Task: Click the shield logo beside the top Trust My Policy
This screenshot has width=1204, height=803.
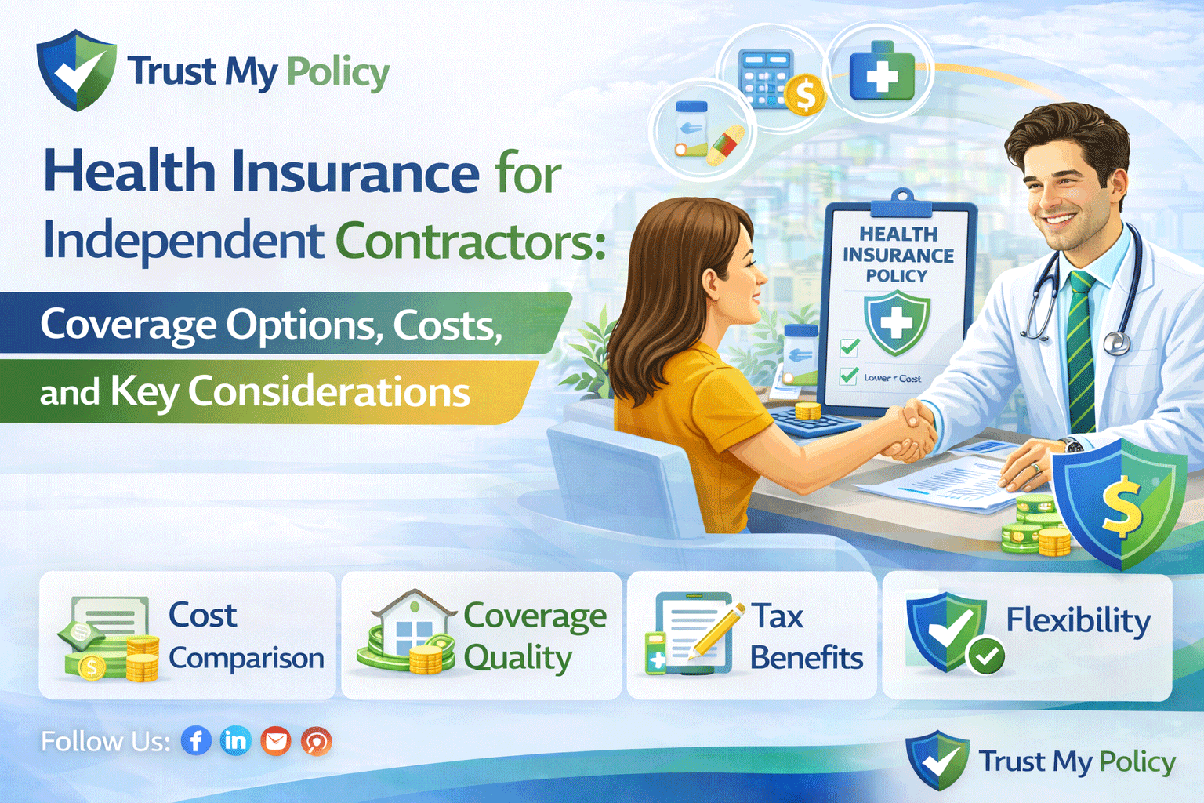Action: pyautogui.click(x=76, y=71)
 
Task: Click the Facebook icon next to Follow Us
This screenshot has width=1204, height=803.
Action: pyautogui.click(x=196, y=740)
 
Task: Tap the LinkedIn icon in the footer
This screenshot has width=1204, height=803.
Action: pyautogui.click(x=235, y=740)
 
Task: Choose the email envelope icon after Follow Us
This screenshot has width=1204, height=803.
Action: pyautogui.click(x=276, y=740)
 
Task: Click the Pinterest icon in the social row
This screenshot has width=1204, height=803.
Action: pyautogui.click(x=317, y=740)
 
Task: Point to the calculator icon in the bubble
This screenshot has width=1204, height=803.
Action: pyautogui.click(x=767, y=78)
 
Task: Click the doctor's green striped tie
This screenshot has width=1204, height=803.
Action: pyautogui.click(x=1081, y=353)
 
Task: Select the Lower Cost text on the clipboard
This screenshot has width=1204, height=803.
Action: pyautogui.click(x=892, y=378)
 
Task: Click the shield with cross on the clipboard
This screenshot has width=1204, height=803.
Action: pyautogui.click(x=897, y=322)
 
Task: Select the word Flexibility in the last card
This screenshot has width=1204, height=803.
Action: pyautogui.click(x=1078, y=620)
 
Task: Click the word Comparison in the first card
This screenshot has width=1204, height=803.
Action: pyautogui.click(x=246, y=659)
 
